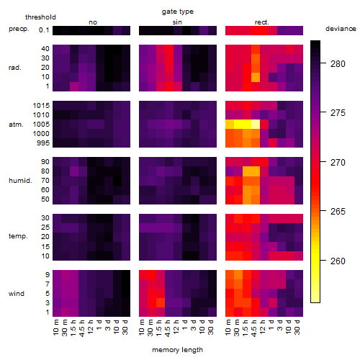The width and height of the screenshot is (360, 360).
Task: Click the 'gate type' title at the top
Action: (x=178, y=12)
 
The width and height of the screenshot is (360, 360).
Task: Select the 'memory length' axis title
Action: (x=177, y=350)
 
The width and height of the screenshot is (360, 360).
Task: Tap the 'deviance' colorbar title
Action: (x=341, y=29)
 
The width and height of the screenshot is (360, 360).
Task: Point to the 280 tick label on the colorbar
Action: (x=338, y=64)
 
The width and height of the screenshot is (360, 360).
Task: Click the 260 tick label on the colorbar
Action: (x=338, y=261)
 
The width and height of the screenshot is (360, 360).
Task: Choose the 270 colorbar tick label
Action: (x=338, y=163)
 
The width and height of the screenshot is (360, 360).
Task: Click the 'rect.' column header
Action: (x=261, y=22)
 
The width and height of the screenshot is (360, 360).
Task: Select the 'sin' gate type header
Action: (x=177, y=22)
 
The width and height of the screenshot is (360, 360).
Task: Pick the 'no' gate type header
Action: (x=93, y=22)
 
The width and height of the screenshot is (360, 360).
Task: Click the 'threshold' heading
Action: (x=40, y=17)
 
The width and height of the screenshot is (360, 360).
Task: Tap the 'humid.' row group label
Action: (x=20, y=181)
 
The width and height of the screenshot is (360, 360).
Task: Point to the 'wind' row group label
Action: (x=17, y=294)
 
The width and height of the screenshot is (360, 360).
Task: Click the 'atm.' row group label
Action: (x=16, y=125)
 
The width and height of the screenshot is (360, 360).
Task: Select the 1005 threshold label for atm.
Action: (x=41, y=125)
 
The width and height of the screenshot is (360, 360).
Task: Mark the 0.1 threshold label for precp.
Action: (x=44, y=30)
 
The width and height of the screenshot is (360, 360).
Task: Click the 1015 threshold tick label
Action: (x=41, y=106)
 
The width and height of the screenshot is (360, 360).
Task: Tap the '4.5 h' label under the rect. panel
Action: (x=253, y=328)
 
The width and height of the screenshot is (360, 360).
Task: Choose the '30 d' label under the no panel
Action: (x=125, y=327)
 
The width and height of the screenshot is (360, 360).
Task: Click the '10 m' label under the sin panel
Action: (x=142, y=327)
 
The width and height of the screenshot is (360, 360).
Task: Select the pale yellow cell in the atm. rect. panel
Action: (x=256, y=125)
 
